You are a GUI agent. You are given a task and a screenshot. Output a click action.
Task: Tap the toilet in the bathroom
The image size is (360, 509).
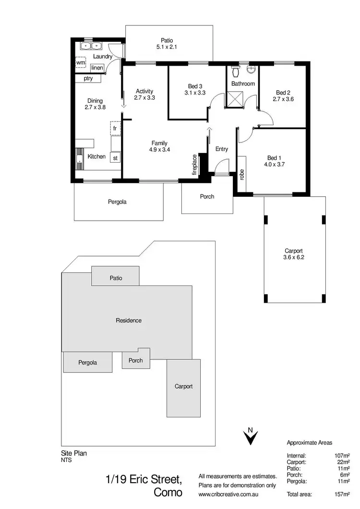(235, 71)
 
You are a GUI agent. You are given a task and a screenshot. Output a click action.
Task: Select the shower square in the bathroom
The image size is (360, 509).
(235, 99)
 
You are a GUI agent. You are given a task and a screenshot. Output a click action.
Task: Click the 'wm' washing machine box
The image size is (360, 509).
(81, 63)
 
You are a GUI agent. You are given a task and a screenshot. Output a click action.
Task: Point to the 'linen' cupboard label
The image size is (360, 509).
(97, 68)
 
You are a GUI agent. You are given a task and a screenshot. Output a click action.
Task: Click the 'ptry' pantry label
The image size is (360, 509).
(88, 79)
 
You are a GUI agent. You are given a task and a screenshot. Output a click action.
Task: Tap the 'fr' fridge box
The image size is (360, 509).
(115, 128)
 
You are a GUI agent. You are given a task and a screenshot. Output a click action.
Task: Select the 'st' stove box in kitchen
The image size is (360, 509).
(115, 158)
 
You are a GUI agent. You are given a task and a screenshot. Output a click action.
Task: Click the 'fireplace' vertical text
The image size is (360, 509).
(194, 165)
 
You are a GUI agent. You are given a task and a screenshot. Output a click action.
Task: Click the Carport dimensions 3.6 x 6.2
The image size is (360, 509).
(293, 258)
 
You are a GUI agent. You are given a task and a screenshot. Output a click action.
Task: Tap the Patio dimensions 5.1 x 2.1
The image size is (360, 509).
(167, 47)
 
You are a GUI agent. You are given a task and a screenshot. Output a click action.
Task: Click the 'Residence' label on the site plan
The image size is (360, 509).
(129, 320)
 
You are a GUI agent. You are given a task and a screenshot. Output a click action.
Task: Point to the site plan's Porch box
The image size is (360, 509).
(136, 360)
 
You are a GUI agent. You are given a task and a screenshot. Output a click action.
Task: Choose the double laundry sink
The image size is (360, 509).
(91, 47)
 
